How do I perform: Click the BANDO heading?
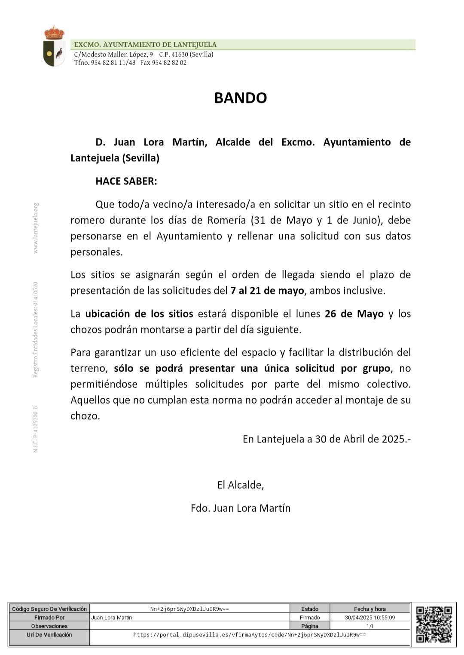click(x=241, y=98)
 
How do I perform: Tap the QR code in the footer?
click(x=434, y=624)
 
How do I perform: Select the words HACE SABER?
click(x=126, y=181)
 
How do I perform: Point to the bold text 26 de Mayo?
click(x=354, y=314)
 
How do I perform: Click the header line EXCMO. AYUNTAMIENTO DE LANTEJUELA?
click(x=145, y=45)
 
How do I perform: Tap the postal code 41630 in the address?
click(x=180, y=55)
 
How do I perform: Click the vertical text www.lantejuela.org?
click(x=36, y=228)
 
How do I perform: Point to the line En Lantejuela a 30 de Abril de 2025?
click(x=327, y=439)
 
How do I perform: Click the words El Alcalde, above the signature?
click(x=241, y=485)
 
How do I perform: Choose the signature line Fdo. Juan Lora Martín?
click(x=241, y=508)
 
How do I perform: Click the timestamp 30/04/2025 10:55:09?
click(x=370, y=618)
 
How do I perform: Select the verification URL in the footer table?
click(x=250, y=635)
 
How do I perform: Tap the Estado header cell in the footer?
click(x=310, y=609)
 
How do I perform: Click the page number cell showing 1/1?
click(x=370, y=626)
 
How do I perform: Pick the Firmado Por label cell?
click(x=49, y=618)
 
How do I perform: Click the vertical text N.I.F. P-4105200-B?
click(x=36, y=429)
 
